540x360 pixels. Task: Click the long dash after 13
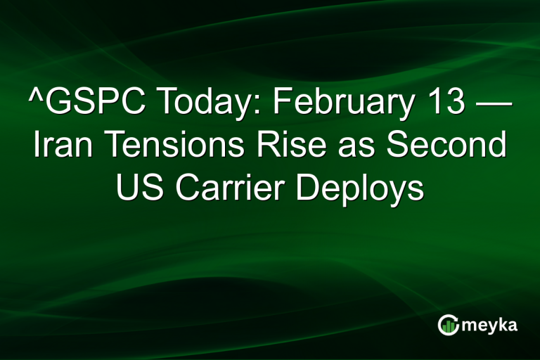coord(493,105)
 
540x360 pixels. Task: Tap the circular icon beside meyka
coord(448,325)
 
